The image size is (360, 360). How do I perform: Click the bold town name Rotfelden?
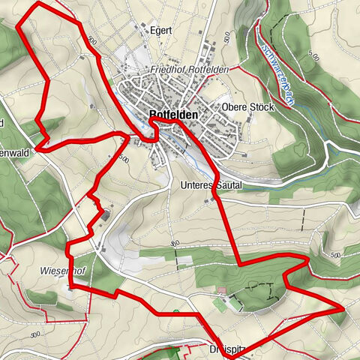click(173, 115)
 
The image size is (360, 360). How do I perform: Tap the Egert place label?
click(160, 31)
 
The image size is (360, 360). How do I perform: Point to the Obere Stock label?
click(248, 107)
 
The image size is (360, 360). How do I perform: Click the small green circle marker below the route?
click(175, 311)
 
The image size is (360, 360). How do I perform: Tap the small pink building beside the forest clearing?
click(221, 290)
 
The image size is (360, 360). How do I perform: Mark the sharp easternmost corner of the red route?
click(343, 307)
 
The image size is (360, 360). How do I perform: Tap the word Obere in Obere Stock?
click(235, 107)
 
